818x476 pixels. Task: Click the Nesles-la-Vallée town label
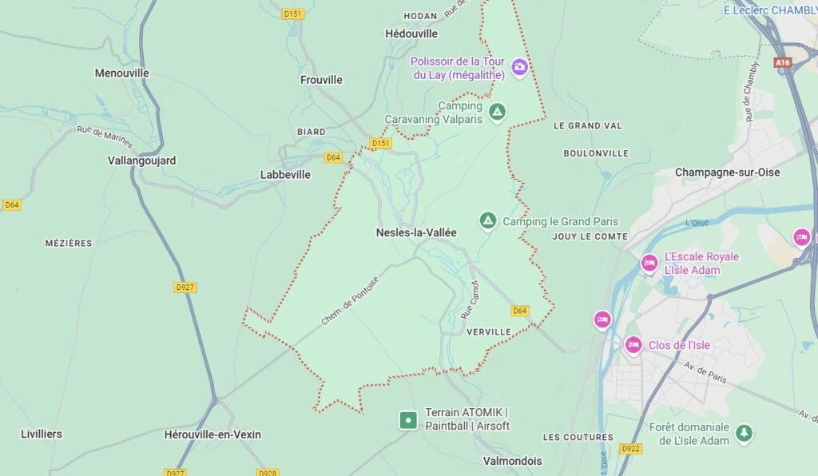(x=416, y=232)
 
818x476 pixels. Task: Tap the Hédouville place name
(x=411, y=34)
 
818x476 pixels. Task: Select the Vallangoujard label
(x=141, y=161)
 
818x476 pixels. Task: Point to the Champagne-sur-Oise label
(x=727, y=173)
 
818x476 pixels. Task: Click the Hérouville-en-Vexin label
(x=212, y=434)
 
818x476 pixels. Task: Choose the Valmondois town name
(x=512, y=461)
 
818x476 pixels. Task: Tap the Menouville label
(x=122, y=73)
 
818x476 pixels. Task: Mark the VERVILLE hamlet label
(x=488, y=331)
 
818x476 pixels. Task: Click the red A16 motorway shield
(x=782, y=61)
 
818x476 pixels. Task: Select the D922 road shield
(x=630, y=448)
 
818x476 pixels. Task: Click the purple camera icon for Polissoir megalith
(x=519, y=66)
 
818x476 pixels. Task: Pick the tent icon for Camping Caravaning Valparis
(x=497, y=112)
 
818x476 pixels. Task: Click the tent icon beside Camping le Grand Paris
(x=487, y=220)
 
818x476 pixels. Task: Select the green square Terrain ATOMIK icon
(x=408, y=419)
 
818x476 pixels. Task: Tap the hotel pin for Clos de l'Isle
(x=633, y=345)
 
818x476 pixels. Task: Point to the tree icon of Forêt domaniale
(x=744, y=433)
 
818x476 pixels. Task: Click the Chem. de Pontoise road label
(x=350, y=300)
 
